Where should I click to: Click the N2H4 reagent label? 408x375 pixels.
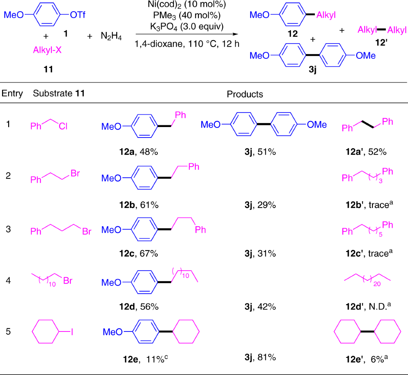(x=111, y=36)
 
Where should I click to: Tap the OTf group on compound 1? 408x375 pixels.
(x=78, y=15)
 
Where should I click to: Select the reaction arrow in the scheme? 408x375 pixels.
(x=187, y=34)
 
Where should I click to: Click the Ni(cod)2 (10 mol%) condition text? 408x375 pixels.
(x=187, y=5)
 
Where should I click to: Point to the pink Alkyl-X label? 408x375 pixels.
(x=47, y=50)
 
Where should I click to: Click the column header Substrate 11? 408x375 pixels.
(x=58, y=93)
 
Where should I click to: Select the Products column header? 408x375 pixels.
(x=245, y=94)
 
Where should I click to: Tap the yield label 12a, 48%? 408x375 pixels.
(x=139, y=152)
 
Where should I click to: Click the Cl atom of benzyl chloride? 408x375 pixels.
(x=63, y=127)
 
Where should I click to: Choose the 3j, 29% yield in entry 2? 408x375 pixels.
(x=260, y=205)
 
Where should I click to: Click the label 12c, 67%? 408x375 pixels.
(x=139, y=253)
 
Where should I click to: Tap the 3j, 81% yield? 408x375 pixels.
(x=260, y=357)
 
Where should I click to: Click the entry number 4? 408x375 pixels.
(x=8, y=281)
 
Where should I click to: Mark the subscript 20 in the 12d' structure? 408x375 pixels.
(x=377, y=284)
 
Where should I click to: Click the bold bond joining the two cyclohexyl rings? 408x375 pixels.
(x=367, y=332)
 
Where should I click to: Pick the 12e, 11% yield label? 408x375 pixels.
(x=145, y=359)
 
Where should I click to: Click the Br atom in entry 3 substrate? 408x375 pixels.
(x=87, y=232)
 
